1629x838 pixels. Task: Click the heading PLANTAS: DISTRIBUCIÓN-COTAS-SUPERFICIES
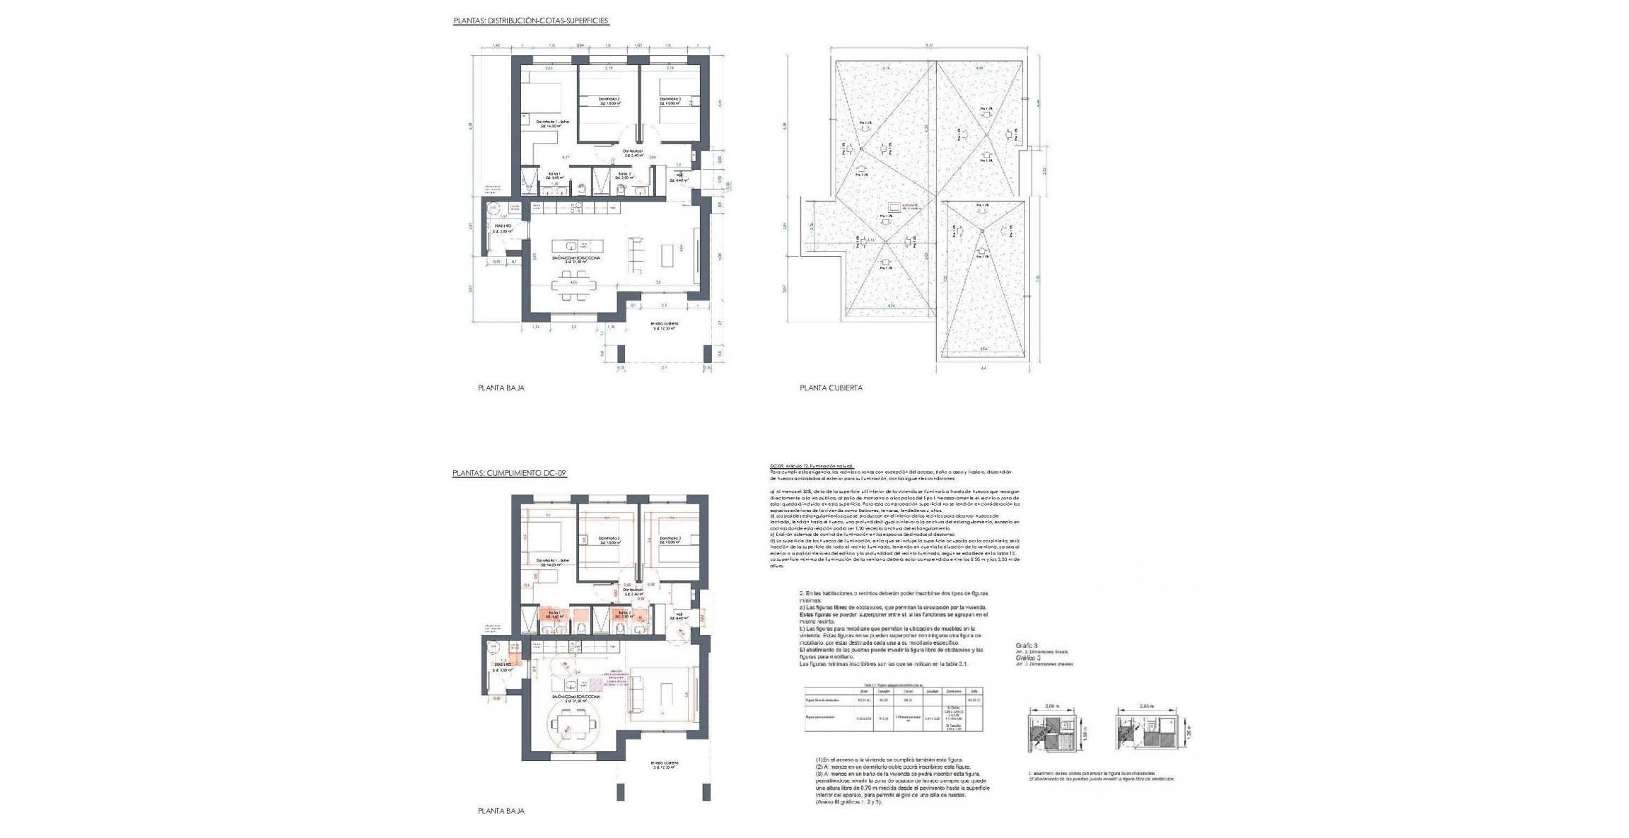530,21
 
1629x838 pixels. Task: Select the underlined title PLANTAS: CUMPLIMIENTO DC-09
509,473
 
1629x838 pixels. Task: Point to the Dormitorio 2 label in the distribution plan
609,100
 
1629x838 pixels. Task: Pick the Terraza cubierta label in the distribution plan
665,325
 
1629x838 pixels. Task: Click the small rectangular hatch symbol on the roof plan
894,207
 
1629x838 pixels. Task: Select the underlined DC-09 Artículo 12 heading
811,466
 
